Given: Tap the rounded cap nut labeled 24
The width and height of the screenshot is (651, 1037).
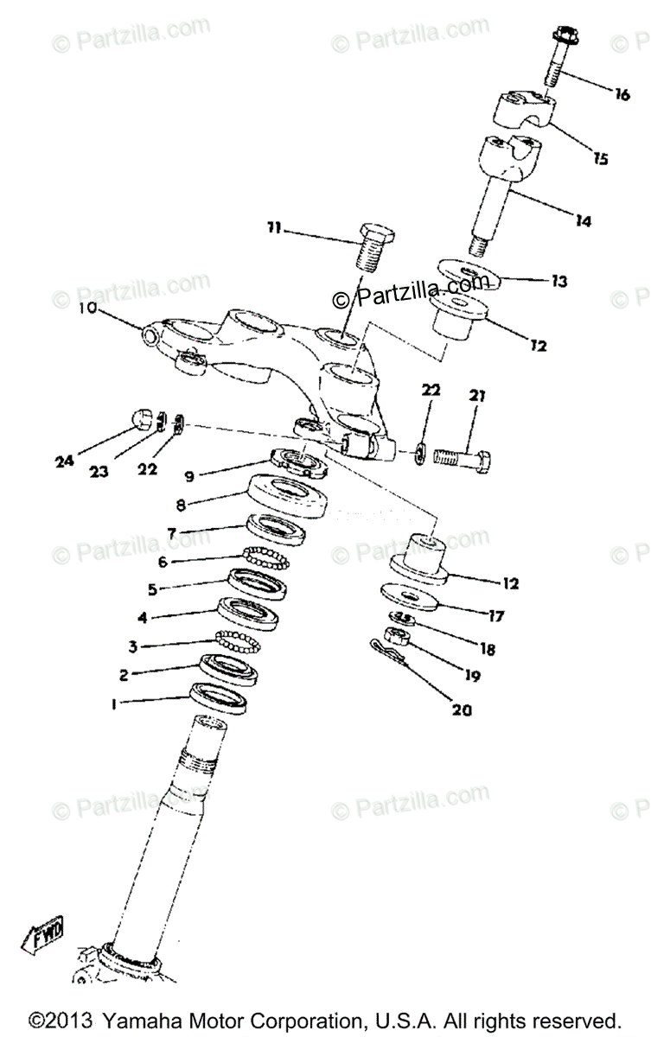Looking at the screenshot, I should pyautogui.click(x=143, y=418).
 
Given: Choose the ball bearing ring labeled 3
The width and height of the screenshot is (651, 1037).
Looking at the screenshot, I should pyautogui.click(x=238, y=642).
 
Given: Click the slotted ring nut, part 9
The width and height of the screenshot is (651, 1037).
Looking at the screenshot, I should pyautogui.click(x=298, y=463).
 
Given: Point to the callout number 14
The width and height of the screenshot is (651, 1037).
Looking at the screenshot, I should pyautogui.click(x=584, y=222).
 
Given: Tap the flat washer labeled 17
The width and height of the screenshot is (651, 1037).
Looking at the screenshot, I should pyautogui.click(x=414, y=597).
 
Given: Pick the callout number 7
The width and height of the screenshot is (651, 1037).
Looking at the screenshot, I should pyautogui.click(x=172, y=534).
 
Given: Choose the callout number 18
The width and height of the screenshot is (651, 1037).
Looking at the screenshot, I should pyautogui.click(x=488, y=648).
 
